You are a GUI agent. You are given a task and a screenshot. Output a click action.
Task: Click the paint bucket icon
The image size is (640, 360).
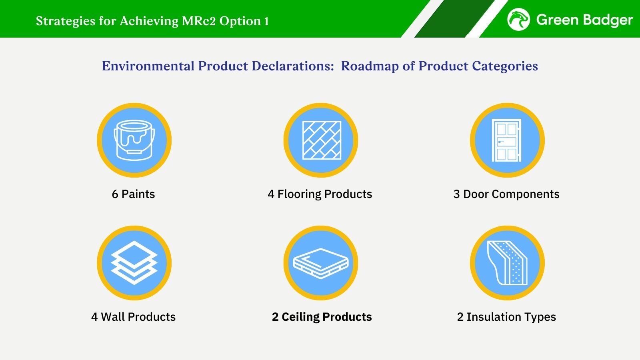coord(134,140)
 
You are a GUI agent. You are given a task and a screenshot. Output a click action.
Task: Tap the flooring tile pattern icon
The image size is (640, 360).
coord(322,140)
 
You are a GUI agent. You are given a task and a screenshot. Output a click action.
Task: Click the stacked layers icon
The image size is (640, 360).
coord(134,262)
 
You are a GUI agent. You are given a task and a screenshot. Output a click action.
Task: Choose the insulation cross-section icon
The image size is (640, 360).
coord(507,263)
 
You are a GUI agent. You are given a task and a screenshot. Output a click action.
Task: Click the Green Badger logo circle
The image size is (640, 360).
coord(518,20)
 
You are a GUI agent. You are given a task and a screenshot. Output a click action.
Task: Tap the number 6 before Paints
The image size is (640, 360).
coord(115,194)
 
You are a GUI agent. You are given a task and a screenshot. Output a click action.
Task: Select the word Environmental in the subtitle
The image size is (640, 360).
coord(148,66)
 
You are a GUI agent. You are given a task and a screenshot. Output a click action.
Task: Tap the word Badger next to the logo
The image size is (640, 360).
coord(608,20)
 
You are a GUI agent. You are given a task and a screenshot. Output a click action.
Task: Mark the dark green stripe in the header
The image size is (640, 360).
coord(454,18)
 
